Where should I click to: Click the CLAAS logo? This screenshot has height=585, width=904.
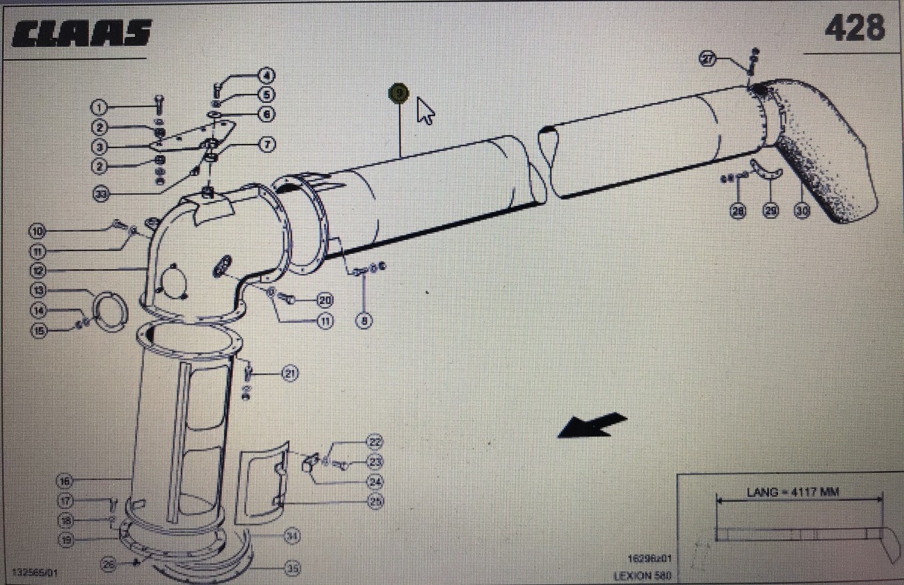(x=81, y=33)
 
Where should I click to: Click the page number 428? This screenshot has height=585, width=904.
(x=855, y=28)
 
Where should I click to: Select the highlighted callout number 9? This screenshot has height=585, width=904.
(x=398, y=93)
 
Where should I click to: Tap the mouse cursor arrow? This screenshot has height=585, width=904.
(x=425, y=111)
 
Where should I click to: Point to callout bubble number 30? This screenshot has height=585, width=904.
(x=802, y=210)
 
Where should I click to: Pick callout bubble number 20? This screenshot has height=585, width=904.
(x=324, y=300)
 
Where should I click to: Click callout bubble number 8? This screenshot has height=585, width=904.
(x=364, y=321)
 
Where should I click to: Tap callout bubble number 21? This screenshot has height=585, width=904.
(x=290, y=374)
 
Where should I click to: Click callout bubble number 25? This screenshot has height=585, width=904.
(x=375, y=500)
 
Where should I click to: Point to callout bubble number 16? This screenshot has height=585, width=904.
(x=65, y=481)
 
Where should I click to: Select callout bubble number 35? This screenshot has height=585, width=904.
(x=293, y=568)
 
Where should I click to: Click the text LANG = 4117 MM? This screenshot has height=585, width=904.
(x=793, y=492)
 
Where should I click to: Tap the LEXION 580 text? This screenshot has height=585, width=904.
(x=642, y=576)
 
